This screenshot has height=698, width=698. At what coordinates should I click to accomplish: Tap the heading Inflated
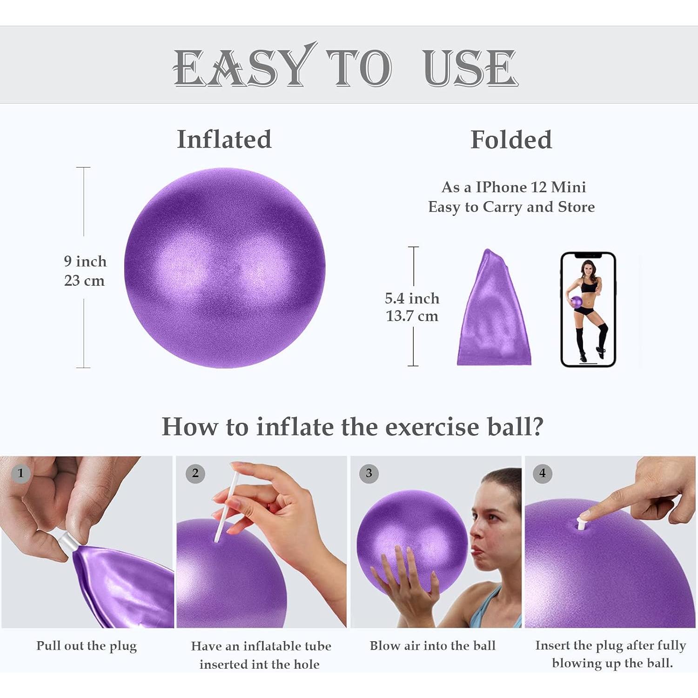tap(224, 139)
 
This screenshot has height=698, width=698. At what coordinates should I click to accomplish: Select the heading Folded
tap(511, 140)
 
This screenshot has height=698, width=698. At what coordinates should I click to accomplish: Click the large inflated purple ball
tap(225, 268)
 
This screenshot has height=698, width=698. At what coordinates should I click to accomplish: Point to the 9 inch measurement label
tap(85, 262)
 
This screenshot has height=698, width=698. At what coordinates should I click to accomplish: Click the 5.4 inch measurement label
tap(412, 298)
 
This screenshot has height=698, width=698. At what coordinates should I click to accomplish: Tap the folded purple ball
tap(493, 312)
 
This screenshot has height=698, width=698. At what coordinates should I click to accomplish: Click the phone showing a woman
tap(588, 309)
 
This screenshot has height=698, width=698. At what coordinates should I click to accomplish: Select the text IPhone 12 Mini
tap(530, 187)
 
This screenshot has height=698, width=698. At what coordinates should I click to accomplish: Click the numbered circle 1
tap(20, 473)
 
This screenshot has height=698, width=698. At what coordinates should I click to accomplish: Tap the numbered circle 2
tap(195, 473)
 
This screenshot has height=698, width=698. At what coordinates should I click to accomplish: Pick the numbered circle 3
tap(369, 473)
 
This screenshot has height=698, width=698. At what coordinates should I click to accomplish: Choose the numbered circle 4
tap(543, 473)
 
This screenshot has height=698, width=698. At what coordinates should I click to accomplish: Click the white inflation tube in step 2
tap(226, 507)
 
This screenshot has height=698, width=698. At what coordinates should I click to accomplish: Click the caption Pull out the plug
tap(87, 646)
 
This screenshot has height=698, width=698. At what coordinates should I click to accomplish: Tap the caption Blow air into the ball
tap(433, 646)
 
